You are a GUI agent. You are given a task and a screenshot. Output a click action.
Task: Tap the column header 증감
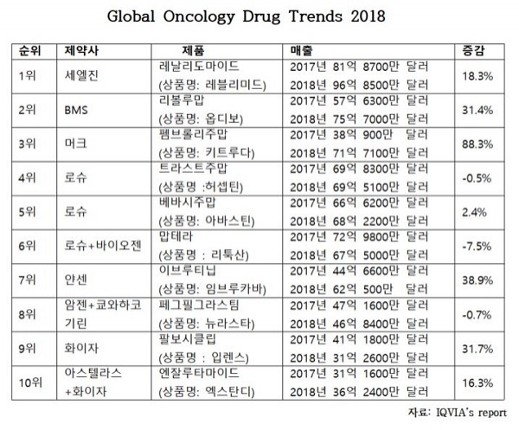[x=477, y=49]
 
